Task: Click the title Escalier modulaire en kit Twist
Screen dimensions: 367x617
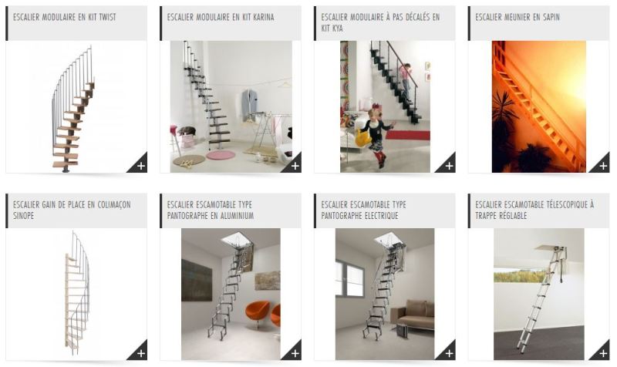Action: (x=65, y=16)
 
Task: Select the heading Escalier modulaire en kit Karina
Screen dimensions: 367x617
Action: (x=221, y=16)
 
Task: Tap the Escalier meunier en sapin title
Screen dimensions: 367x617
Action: (x=518, y=16)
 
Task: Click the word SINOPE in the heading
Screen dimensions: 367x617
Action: (x=24, y=216)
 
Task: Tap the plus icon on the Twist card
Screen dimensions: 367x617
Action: (x=140, y=165)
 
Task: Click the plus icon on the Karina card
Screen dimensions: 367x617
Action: (x=295, y=165)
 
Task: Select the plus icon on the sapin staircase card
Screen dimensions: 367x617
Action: (x=603, y=165)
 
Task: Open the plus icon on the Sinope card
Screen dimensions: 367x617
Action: (x=140, y=353)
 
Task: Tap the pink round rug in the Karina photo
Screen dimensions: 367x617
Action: (x=221, y=155)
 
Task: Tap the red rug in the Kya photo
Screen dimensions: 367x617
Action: (x=407, y=135)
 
